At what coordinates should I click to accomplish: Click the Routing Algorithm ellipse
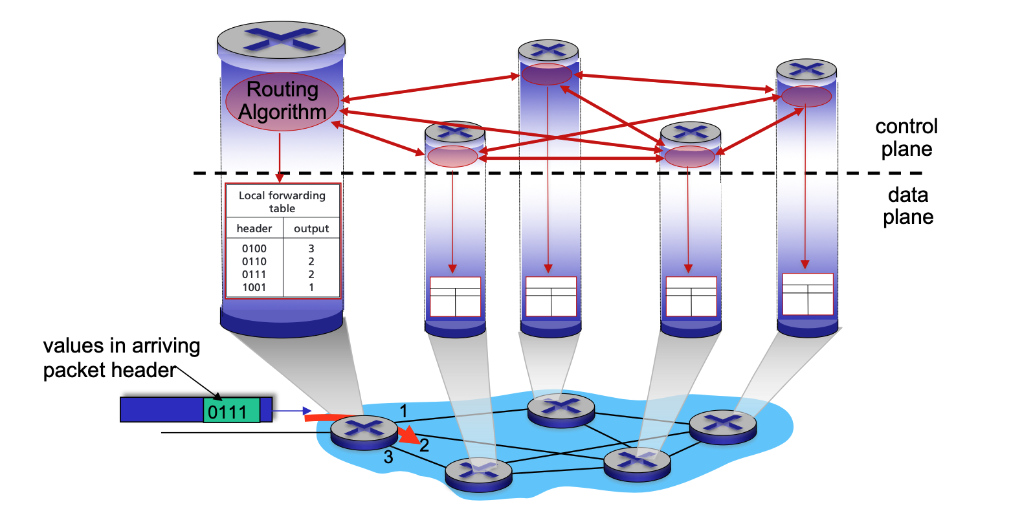[x=282, y=102]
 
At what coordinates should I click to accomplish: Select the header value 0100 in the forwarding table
[x=254, y=248]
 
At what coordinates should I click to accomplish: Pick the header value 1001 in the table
[x=254, y=287]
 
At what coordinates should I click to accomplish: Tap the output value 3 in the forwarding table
[x=311, y=248]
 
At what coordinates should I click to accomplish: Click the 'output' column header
[x=311, y=228]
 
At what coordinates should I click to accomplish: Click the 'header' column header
[x=254, y=228]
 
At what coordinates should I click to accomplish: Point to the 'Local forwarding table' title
[x=282, y=202]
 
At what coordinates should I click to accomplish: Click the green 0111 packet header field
[x=231, y=411]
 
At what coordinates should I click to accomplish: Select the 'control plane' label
[x=906, y=138]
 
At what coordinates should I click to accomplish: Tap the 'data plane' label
[x=907, y=206]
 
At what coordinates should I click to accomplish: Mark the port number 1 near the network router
[x=403, y=411]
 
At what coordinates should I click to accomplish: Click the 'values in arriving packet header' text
[x=122, y=358]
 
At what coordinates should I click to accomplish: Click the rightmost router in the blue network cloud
[x=722, y=425]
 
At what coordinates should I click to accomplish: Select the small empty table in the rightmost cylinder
[x=808, y=294]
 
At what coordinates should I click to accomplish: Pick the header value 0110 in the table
[x=254, y=261]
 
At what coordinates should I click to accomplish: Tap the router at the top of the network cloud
[x=561, y=408]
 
